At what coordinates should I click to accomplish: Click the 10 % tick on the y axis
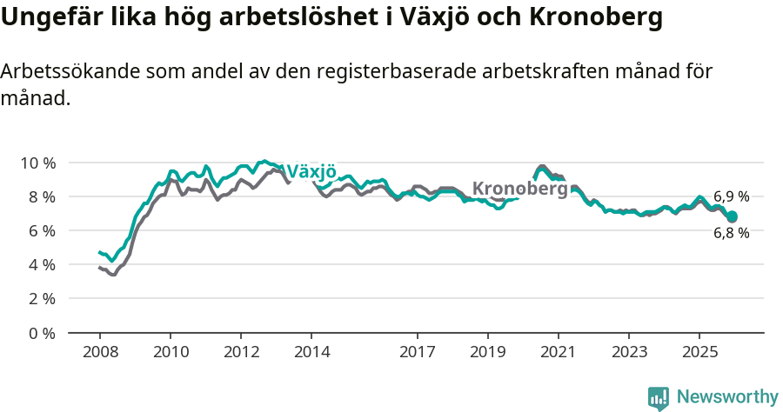[37, 163]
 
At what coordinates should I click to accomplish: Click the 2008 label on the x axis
[99, 352]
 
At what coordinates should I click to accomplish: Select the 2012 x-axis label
[241, 352]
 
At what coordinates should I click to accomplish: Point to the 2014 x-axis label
[311, 352]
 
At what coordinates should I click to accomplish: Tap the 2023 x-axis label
[629, 352]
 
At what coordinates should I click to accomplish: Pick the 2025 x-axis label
[699, 352]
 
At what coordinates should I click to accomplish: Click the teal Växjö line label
[311, 171]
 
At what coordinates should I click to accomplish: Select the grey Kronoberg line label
[519, 189]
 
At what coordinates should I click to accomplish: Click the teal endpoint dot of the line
[732, 216]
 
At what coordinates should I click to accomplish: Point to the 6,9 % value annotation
[731, 197]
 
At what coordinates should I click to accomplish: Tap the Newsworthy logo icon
[659, 398]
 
